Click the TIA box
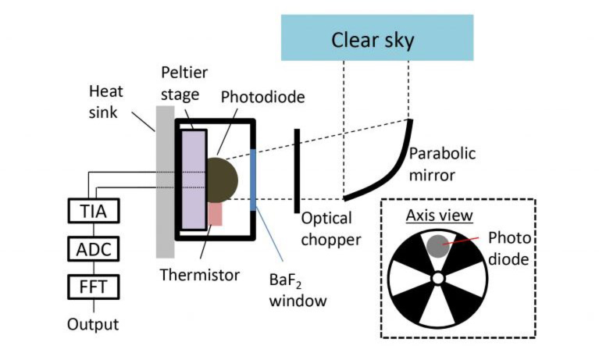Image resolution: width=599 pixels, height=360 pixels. pos(94,211)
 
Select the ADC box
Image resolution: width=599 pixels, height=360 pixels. pos(94,249)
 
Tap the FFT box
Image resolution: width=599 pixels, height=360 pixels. pos(94,287)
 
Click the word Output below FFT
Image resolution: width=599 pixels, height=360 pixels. pos(93,323)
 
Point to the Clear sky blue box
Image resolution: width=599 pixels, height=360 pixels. pos(376,38)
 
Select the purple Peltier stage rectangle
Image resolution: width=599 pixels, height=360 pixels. pos(194,180)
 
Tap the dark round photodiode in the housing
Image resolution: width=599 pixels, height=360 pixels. pos(221,179)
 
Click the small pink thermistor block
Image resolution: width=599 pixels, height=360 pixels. pos(216,214)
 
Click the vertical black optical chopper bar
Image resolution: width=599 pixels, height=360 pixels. pos(296,171)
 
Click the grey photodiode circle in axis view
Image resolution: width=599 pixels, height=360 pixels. pos(437,246)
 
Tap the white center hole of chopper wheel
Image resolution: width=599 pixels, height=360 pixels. pos(438,278)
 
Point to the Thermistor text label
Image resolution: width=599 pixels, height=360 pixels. pos(200,275)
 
